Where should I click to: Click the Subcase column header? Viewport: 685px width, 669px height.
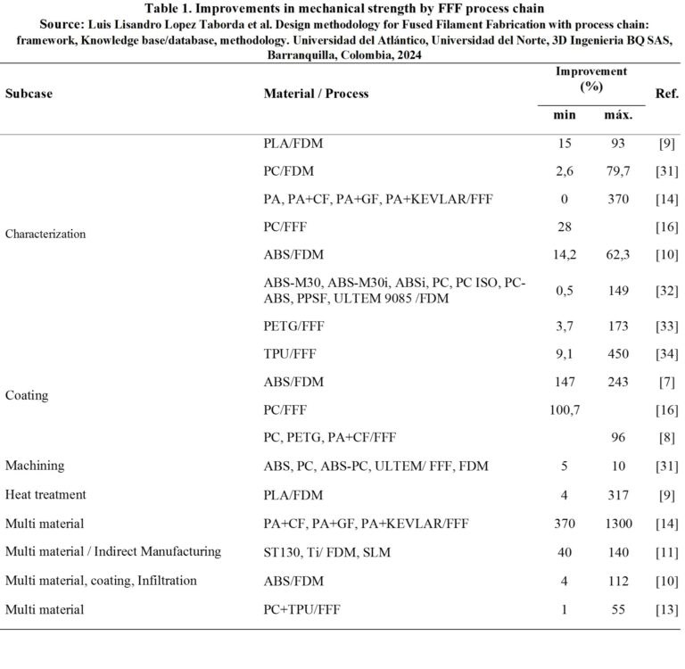coord(29,94)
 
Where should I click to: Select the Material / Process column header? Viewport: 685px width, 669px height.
coord(316,94)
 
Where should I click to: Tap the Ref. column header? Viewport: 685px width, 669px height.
coord(666,93)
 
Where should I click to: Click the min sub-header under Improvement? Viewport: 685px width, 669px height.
coord(565,115)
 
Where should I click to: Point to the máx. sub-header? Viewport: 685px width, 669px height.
coord(618,115)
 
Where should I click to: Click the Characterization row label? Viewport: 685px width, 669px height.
coord(45,234)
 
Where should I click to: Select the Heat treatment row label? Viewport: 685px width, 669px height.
coord(42,494)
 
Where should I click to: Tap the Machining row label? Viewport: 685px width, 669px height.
coord(35,466)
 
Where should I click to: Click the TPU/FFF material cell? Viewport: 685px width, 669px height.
coord(290,353)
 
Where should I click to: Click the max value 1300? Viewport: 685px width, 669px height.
coord(618,524)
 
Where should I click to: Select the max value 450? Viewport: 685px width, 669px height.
coord(618,353)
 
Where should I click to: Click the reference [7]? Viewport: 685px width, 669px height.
coord(666,382)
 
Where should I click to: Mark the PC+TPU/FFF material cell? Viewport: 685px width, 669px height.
coord(301,609)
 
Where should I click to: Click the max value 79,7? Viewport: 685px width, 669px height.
coord(618,171)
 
